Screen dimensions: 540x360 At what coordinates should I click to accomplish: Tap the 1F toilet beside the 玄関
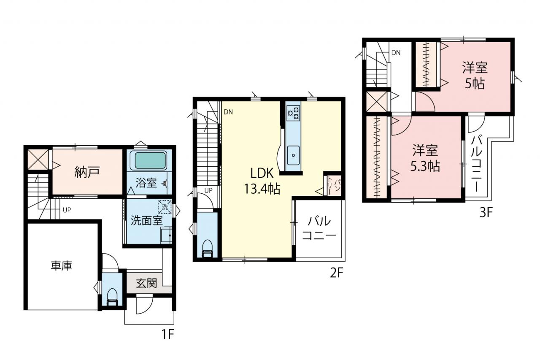[112, 297]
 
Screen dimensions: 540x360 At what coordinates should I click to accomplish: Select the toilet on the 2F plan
[207, 249]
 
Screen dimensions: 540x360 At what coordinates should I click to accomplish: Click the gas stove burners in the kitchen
[293, 114]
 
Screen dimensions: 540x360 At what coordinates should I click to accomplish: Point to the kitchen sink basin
[293, 155]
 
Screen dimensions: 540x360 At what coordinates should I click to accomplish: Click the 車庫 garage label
[62, 265]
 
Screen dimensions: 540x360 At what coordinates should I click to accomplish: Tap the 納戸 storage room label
[87, 172]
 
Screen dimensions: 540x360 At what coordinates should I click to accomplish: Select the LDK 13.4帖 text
[262, 181]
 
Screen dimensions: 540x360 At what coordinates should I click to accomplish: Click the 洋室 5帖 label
[475, 75]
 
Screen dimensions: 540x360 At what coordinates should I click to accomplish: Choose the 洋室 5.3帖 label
[425, 158]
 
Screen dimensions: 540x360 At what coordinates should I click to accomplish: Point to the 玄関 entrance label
[146, 283]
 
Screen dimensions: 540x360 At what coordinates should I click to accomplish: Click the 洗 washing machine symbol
[165, 207]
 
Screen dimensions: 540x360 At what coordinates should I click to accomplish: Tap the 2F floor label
[336, 273]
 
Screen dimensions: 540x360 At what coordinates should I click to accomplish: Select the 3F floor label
[486, 212]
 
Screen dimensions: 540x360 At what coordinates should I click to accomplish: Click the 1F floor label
[167, 334]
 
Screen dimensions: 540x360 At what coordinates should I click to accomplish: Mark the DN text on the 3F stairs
[396, 53]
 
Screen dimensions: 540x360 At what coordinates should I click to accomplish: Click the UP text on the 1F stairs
[67, 210]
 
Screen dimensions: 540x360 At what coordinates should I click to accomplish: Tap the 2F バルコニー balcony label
[319, 228]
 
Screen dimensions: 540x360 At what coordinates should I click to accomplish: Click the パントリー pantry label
[334, 186]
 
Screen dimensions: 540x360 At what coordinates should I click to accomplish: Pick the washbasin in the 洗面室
[166, 235]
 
